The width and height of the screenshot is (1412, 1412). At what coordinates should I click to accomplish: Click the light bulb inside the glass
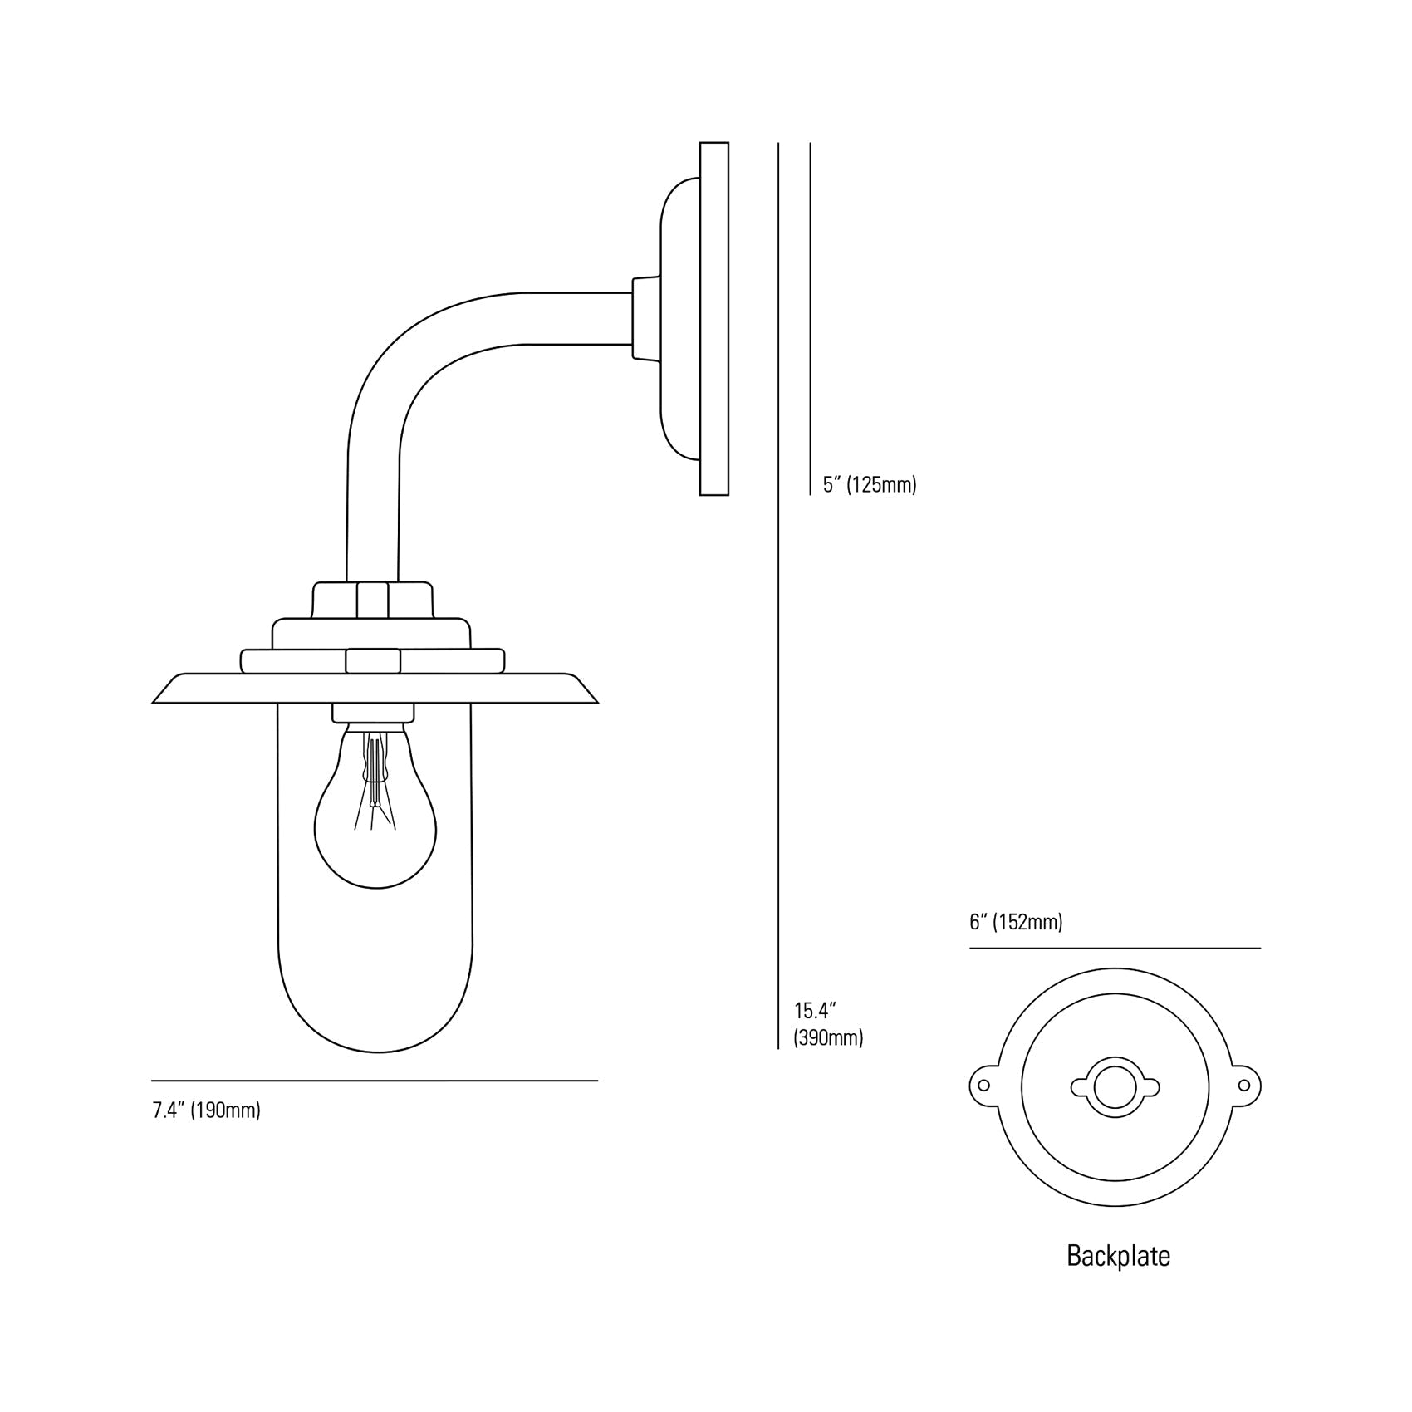(375, 831)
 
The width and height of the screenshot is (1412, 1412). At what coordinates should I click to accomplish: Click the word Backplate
(1118, 1255)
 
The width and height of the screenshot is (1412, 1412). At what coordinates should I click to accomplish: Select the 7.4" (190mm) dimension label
(207, 1110)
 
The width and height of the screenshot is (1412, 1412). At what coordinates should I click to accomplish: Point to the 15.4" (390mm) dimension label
(828, 1024)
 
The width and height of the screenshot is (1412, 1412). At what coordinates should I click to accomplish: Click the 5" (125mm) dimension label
(870, 484)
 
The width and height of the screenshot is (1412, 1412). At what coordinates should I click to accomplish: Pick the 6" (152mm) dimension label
(1016, 922)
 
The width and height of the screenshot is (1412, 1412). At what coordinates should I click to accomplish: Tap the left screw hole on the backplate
(983, 1085)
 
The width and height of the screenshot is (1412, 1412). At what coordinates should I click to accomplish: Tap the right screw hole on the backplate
(1244, 1085)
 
